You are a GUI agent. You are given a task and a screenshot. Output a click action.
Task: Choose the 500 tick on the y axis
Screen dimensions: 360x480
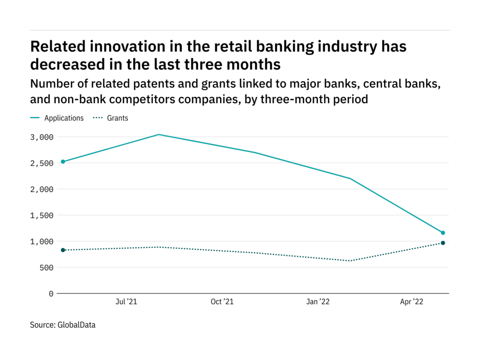(x=46, y=268)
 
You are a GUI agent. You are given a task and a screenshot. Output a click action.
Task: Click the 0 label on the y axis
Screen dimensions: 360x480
(x=51, y=294)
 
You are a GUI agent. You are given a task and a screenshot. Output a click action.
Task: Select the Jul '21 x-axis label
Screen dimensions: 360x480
(x=126, y=302)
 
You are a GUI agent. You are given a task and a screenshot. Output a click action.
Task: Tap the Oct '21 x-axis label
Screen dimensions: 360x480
(x=222, y=302)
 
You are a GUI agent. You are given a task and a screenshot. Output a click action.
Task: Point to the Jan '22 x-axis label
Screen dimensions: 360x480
(x=318, y=302)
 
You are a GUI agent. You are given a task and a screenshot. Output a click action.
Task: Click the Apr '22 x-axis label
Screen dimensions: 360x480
(x=412, y=302)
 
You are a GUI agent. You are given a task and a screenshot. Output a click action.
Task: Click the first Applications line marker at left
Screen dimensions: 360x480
(x=63, y=162)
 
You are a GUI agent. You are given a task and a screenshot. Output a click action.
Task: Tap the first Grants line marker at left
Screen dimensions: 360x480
(x=63, y=250)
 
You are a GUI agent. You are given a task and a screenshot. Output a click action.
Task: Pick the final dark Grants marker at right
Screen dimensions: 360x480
(x=442, y=243)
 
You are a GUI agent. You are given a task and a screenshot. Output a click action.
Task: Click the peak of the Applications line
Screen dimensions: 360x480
(x=159, y=135)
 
